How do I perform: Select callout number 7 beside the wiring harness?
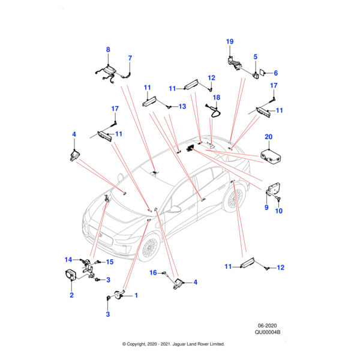click(x=130, y=58)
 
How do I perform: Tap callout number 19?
click(x=229, y=41)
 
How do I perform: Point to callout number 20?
click(x=268, y=137)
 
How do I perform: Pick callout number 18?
click(x=217, y=97)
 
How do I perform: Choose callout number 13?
click(x=182, y=106)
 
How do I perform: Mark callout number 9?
click(x=266, y=208)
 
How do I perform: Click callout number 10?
click(x=278, y=211)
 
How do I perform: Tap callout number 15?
click(x=110, y=262)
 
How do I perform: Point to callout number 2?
click(x=71, y=295)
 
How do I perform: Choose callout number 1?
click(x=136, y=295)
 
